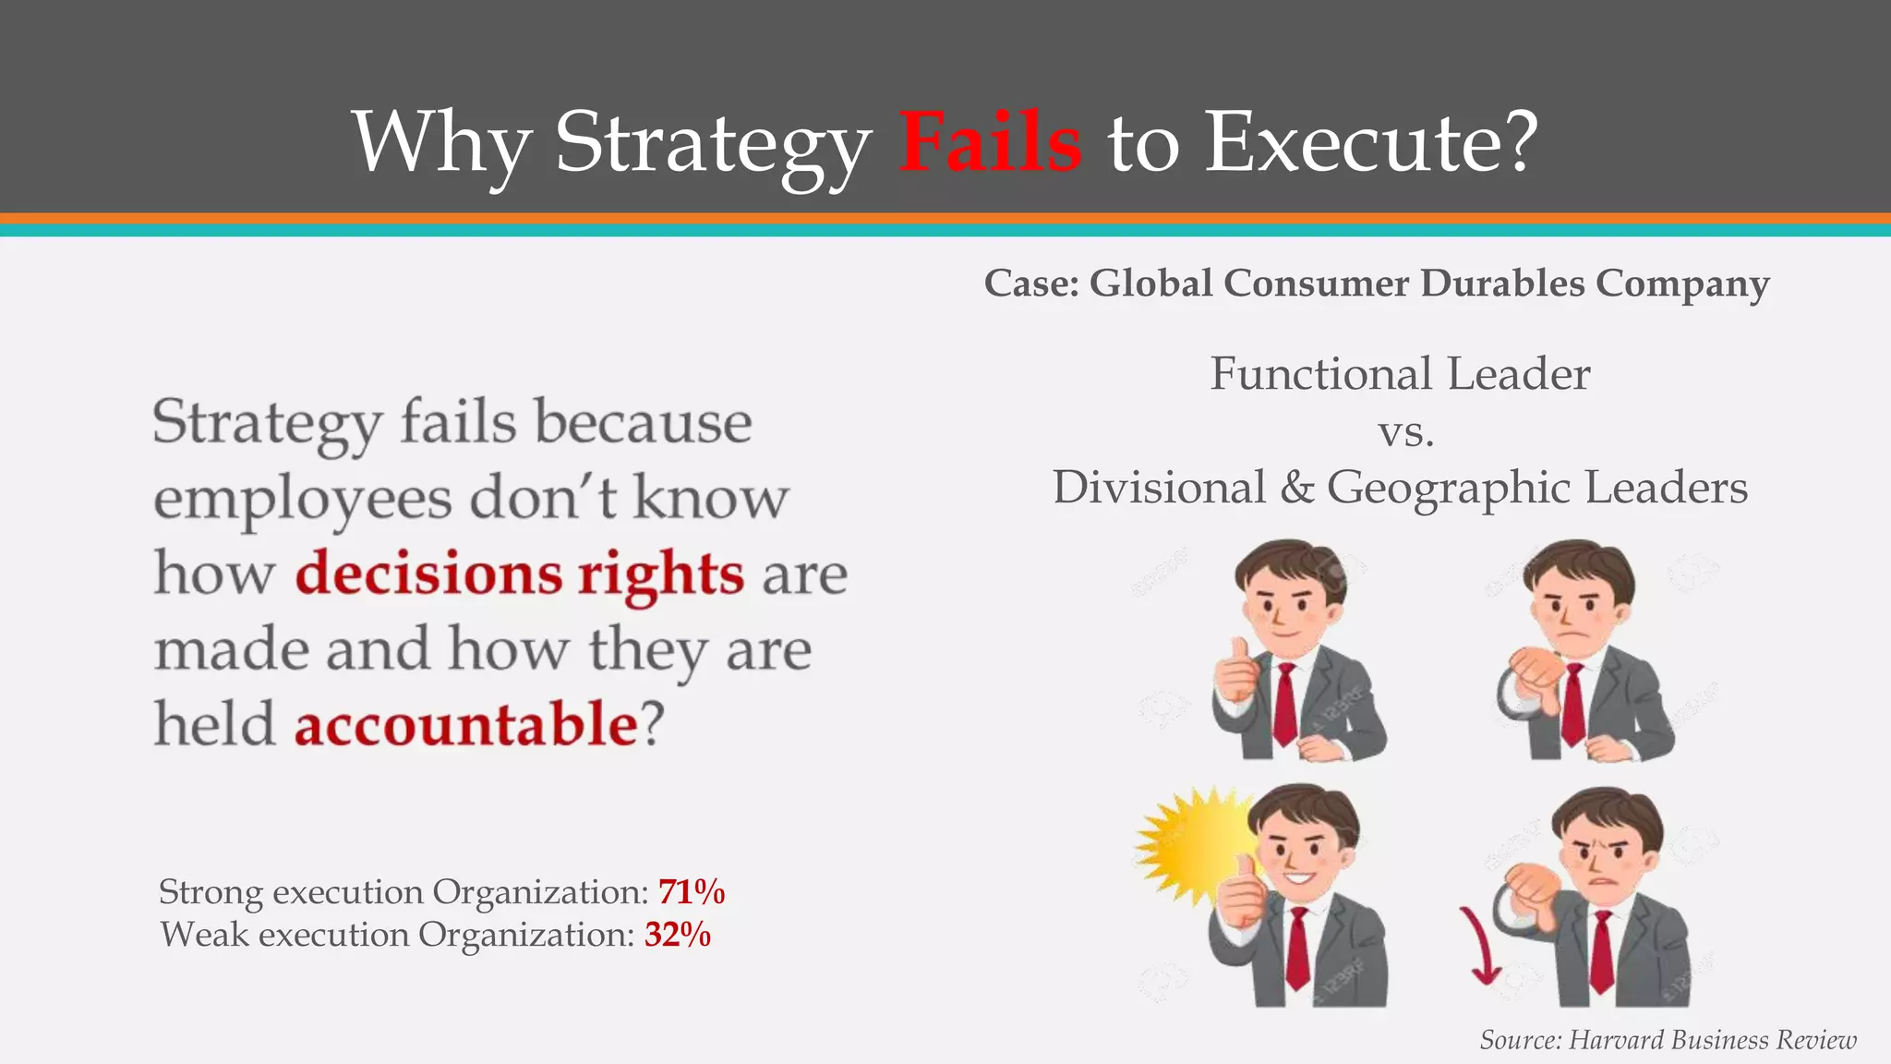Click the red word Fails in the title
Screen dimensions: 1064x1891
coord(990,142)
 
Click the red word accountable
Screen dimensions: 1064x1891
coord(465,724)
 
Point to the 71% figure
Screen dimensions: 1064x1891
coord(691,892)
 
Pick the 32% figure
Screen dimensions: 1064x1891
coord(678,935)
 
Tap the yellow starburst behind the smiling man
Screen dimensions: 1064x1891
coord(1191,845)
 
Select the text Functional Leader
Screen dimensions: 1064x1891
coord(1400,374)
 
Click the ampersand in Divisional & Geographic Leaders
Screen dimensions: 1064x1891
coord(1296,488)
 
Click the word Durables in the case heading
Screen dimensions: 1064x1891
coord(1501,284)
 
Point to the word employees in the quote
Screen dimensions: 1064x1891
coord(302,500)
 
